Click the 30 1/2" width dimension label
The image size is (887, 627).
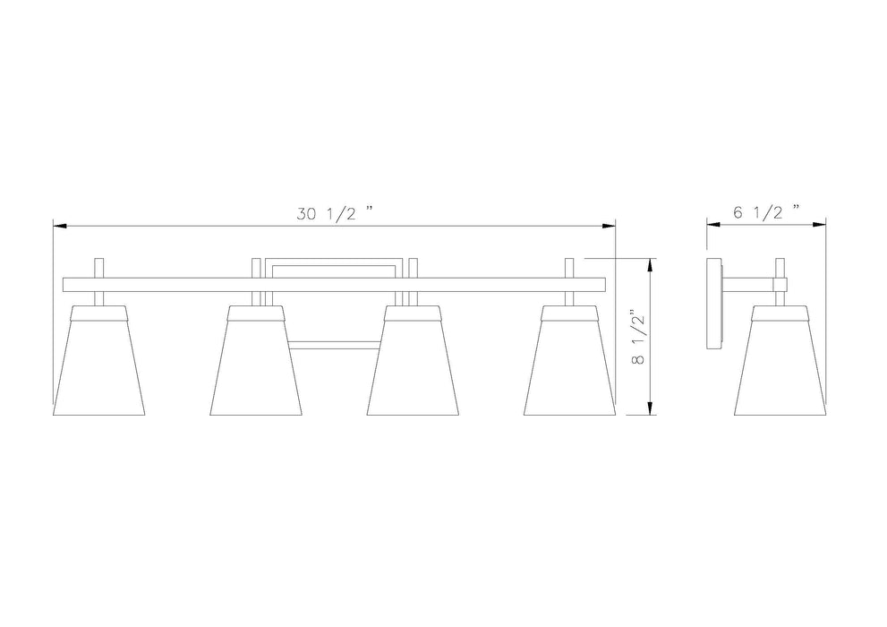335,213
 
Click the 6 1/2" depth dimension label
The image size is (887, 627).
766,212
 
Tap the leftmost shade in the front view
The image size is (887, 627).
99,360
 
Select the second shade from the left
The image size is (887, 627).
256,360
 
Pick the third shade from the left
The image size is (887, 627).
413,360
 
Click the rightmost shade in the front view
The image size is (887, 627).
569,360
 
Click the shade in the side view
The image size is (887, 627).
780,360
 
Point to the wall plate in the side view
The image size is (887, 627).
714,304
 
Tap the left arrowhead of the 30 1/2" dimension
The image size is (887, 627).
59,227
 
